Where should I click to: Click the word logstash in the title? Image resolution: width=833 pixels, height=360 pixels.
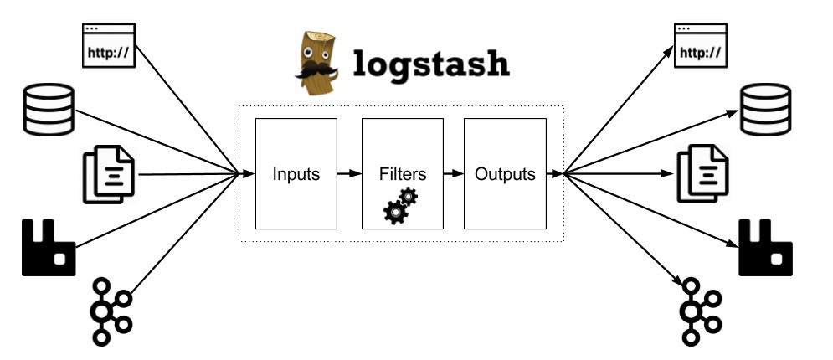pyautogui.click(x=431, y=64)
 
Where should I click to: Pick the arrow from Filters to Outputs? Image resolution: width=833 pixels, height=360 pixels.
pyautogui.click(x=453, y=175)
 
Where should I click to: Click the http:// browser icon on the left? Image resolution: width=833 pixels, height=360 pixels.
pyautogui.click(x=108, y=46)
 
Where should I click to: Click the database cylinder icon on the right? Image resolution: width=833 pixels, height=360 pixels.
pyautogui.click(x=765, y=110)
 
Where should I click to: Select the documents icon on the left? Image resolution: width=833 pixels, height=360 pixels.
pyautogui.click(x=107, y=174)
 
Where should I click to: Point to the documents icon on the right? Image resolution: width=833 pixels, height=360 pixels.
pyautogui.click(x=702, y=174)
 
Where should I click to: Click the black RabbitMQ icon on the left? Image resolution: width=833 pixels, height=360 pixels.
pyautogui.click(x=48, y=247)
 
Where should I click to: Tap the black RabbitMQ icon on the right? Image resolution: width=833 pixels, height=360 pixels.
pyautogui.click(x=765, y=247)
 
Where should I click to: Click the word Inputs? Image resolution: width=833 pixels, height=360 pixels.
pyautogui.click(x=296, y=175)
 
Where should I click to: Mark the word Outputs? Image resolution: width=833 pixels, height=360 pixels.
pyautogui.click(x=505, y=175)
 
